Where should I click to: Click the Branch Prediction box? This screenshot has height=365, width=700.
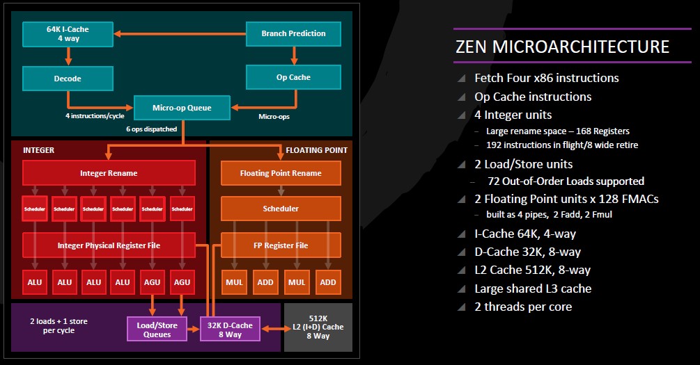point(293,33)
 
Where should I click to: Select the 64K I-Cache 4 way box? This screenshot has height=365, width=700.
point(68,33)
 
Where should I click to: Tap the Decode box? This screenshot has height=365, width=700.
point(68,79)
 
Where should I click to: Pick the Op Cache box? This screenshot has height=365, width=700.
point(293,77)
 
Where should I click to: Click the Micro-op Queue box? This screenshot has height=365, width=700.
point(182,108)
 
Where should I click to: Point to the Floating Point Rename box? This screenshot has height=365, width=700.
point(281,173)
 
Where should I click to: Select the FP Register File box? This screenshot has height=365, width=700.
point(281,245)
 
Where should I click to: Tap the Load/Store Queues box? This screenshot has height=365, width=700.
point(157,329)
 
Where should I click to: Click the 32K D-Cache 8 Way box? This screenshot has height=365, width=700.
point(231,329)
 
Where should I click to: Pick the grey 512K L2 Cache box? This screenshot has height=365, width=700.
point(318,327)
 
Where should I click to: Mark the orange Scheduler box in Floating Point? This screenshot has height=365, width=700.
point(281,209)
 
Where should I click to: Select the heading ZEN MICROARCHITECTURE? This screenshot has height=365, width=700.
point(561,47)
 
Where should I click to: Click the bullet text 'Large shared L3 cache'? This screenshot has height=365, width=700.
point(533,289)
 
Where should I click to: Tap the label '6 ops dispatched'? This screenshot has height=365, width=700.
point(151,129)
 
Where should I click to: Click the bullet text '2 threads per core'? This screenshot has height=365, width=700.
point(523,307)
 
